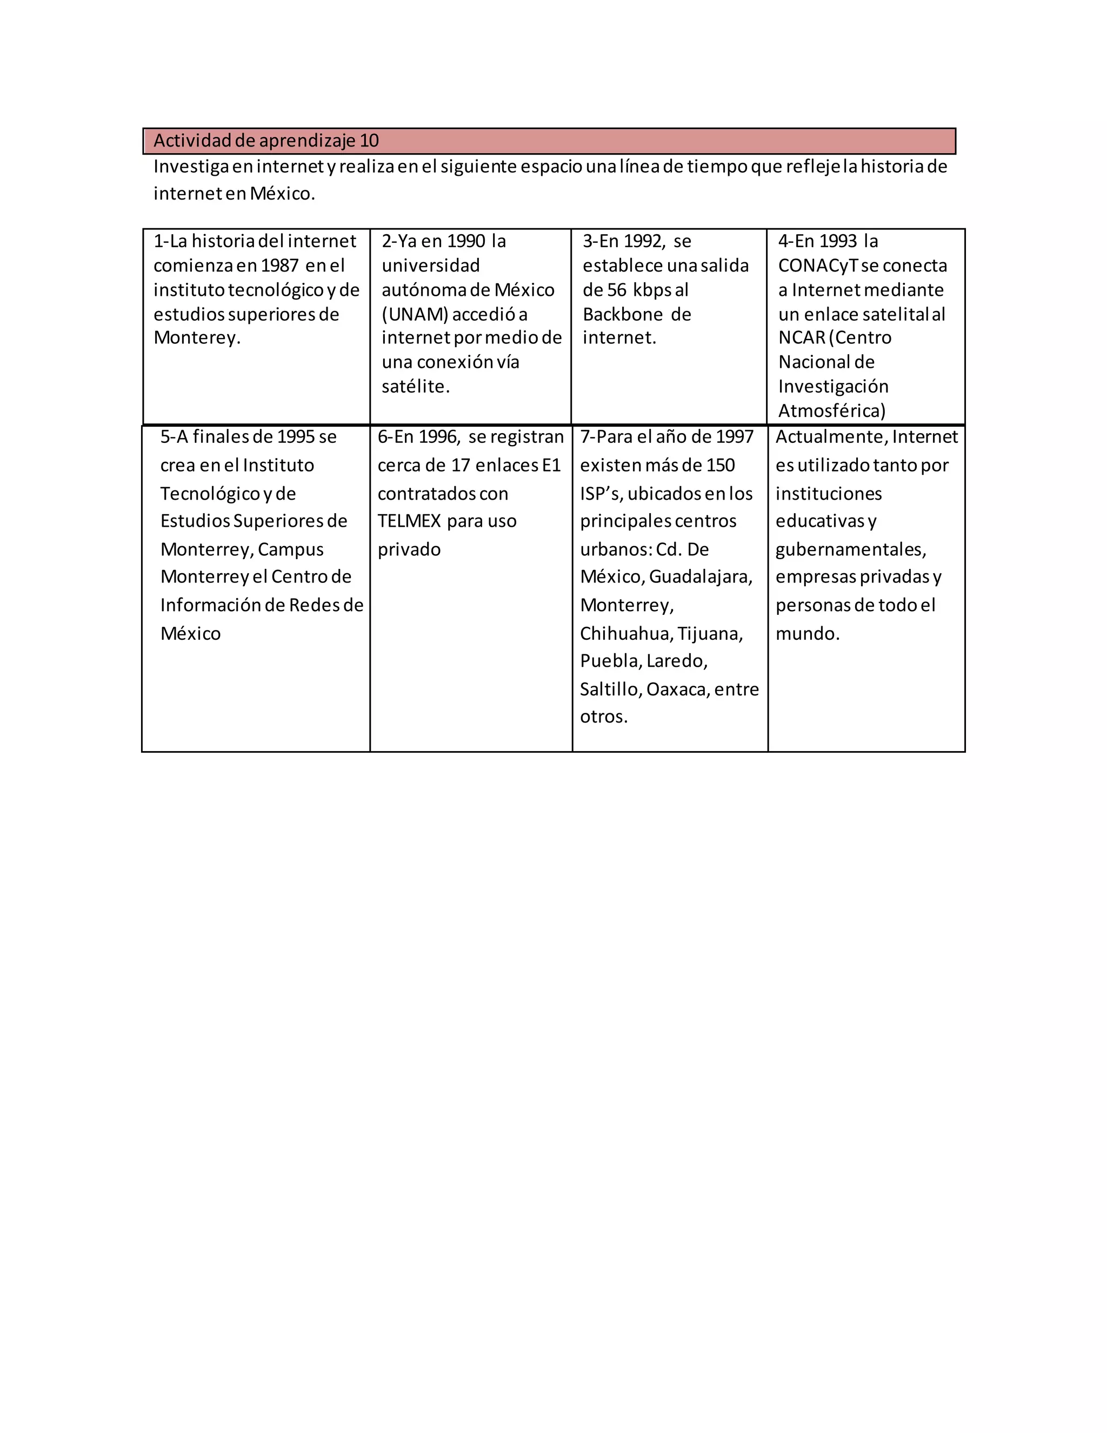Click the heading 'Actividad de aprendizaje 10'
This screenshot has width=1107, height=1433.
(x=266, y=141)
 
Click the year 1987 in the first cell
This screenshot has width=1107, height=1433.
(x=279, y=266)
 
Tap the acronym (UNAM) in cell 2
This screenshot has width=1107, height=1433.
(x=415, y=314)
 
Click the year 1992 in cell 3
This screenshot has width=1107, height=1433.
(x=643, y=242)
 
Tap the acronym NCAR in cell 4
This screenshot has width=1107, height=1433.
(x=802, y=338)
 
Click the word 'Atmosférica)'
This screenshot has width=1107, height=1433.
(x=831, y=411)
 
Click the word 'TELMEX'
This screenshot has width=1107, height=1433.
(x=409, y=521)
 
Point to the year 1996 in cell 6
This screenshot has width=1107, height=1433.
(x=439, y=437)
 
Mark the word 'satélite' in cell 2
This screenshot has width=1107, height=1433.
(x=414, y=387)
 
